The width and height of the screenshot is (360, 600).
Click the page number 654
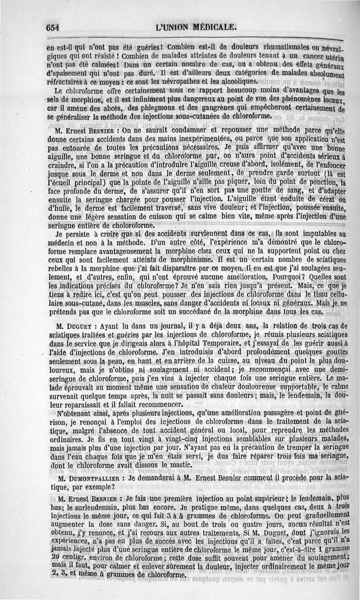coord(53,27)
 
